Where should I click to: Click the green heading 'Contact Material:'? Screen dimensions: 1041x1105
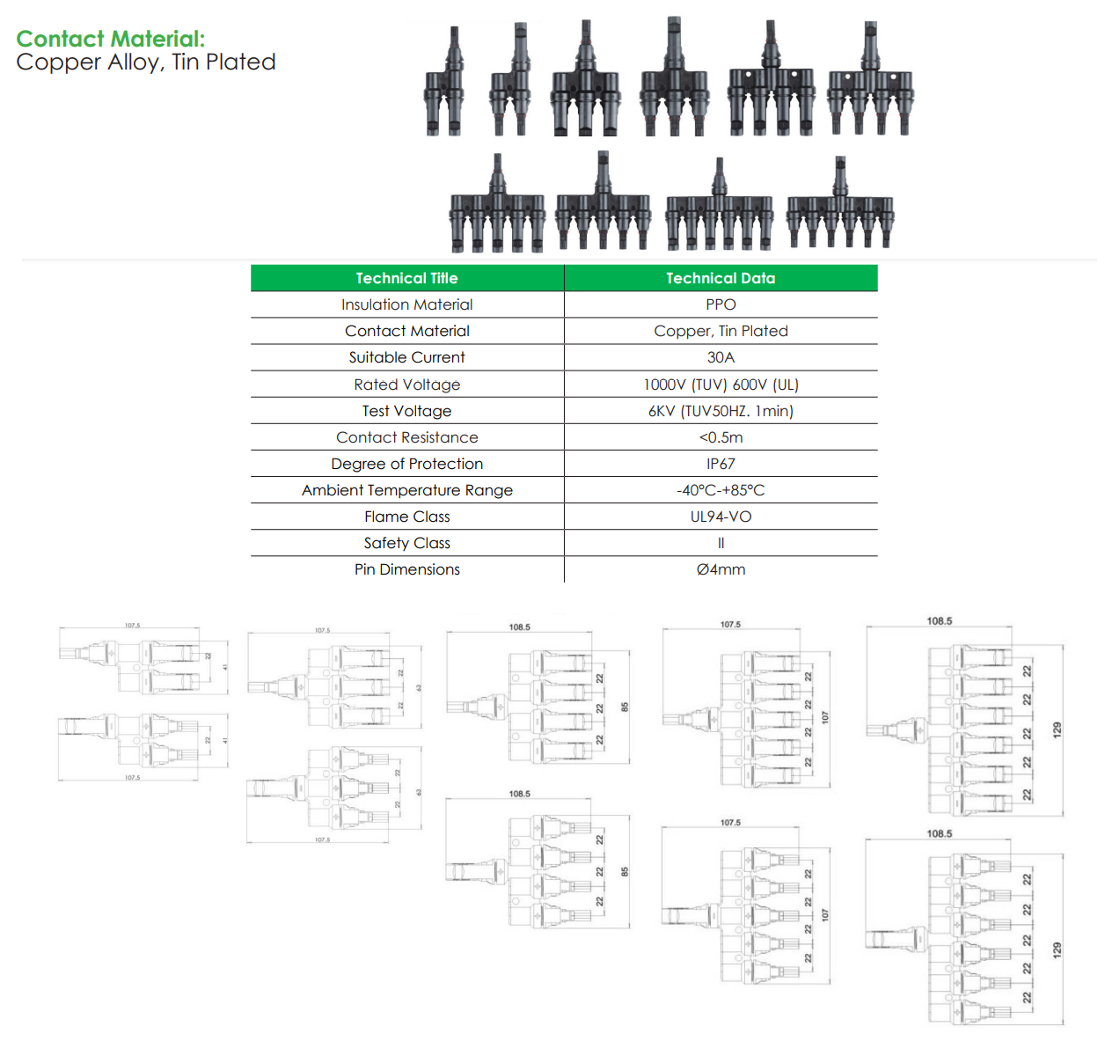pos(110,39)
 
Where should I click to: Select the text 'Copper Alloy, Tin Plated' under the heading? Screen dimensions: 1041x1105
pos(146,62)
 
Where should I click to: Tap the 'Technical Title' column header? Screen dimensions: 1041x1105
pos(406,278)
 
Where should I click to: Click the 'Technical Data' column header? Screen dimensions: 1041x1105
pos(721,278)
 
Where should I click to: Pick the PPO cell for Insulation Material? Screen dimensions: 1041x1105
pos(721,304)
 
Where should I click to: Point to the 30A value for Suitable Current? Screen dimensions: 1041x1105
pos(721,357)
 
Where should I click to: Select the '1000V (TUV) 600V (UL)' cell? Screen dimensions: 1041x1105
pos(721,385)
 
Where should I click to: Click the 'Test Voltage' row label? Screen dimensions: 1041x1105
pos(406,411)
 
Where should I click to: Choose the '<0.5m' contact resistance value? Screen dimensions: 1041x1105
pos(721,437)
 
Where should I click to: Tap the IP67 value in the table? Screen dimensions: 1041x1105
pos(721,464)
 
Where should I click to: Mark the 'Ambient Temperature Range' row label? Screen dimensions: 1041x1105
pos(406,490)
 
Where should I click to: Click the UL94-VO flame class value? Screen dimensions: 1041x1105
pos(721,517)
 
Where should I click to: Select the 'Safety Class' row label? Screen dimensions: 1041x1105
pos(406,543)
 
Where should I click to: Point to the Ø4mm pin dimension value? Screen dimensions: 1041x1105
pos(721,569)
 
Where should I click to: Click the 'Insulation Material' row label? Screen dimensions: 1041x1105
pos(406,304)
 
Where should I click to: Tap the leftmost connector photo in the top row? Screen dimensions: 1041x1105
pos(444,84)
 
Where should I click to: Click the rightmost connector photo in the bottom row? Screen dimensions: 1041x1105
pos(840,207)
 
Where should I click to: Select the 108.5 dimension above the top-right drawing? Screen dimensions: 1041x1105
pos(939,621)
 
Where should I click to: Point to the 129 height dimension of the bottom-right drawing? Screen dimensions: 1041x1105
pos(1057,950)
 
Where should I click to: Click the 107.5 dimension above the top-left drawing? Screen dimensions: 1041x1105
pos(132,626)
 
